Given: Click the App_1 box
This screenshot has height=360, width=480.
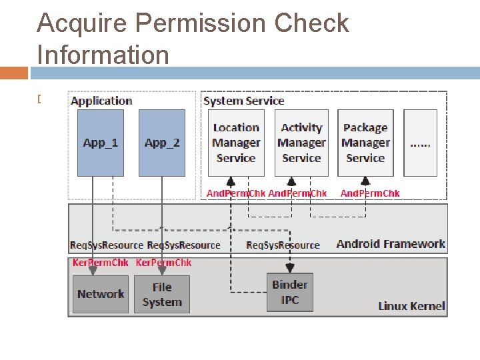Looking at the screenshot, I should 101,143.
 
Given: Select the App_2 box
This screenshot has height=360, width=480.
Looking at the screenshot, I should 162,143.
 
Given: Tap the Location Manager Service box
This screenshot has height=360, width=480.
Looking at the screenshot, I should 236,143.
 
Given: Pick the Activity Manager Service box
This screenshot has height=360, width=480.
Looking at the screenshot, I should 301,143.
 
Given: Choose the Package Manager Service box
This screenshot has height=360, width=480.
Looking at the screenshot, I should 365,143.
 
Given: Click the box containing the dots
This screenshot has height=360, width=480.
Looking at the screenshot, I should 420,143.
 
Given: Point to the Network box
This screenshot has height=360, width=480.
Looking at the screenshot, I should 101,294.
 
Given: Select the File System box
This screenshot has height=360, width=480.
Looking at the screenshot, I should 162,294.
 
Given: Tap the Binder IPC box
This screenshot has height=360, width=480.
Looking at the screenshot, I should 290,292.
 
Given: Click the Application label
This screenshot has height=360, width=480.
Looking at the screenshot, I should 101,101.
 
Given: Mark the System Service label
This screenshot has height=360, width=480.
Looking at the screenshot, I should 243,101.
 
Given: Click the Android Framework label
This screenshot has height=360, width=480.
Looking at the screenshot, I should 391,243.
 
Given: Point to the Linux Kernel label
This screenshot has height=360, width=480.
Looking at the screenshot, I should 411,306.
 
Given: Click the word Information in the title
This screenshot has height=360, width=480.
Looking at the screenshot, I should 103,54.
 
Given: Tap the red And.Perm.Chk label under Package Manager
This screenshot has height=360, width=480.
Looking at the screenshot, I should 370,193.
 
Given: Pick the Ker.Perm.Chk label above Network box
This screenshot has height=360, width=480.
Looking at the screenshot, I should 100,263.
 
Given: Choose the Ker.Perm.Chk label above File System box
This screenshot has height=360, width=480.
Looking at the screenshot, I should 163,263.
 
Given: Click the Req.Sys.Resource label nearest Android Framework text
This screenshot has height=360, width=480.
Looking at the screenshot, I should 283,245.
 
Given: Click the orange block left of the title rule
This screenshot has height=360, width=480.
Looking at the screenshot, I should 14,73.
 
